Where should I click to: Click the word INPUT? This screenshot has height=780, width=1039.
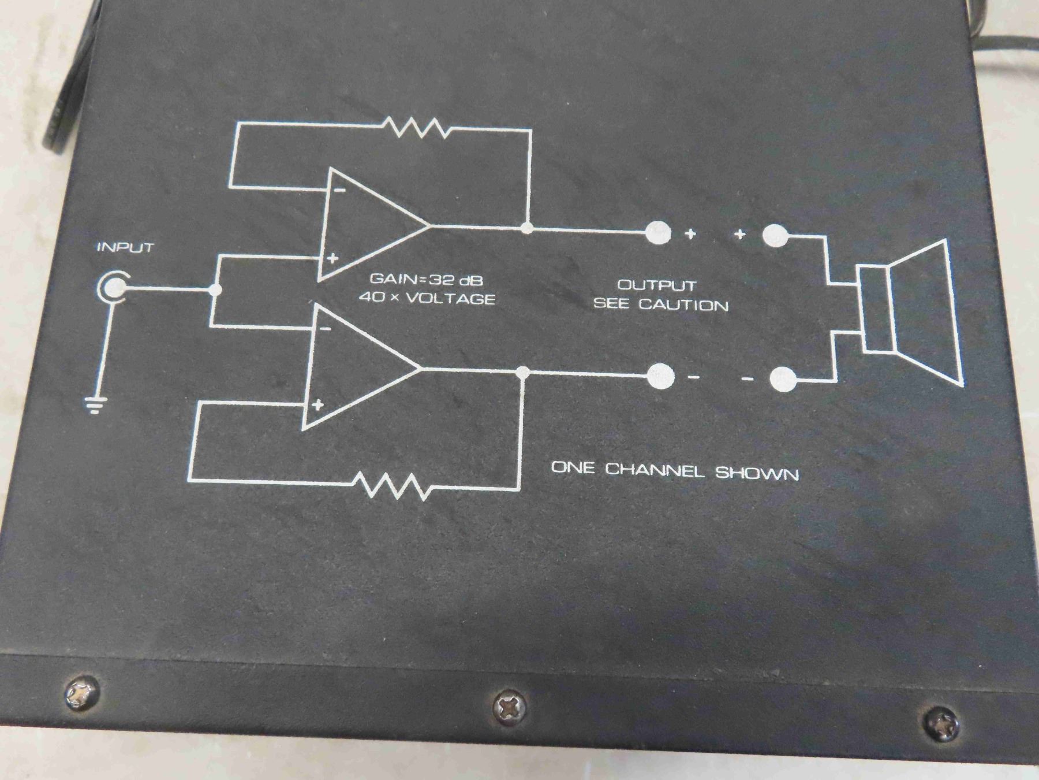click(125, 248)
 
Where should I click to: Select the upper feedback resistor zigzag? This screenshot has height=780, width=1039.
click(416, 128)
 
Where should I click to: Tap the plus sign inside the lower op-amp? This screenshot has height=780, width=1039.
click(317, 405)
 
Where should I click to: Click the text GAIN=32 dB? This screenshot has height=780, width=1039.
click(426, 280)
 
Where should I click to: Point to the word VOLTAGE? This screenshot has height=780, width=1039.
click(455, 299)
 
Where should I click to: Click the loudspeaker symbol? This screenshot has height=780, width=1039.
click(909, 312)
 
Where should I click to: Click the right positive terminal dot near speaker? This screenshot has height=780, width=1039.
click(775, 235)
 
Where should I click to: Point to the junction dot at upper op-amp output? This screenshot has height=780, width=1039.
click(526, 227)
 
